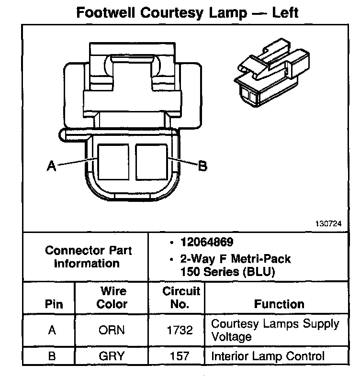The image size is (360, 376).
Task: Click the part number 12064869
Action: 207,242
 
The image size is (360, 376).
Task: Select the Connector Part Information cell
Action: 88,257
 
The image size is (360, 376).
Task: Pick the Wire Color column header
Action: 112,298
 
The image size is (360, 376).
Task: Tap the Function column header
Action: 279,304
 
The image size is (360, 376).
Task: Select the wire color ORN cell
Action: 112,330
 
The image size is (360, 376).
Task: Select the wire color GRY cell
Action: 112,356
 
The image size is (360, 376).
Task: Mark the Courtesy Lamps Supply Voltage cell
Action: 275,330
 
